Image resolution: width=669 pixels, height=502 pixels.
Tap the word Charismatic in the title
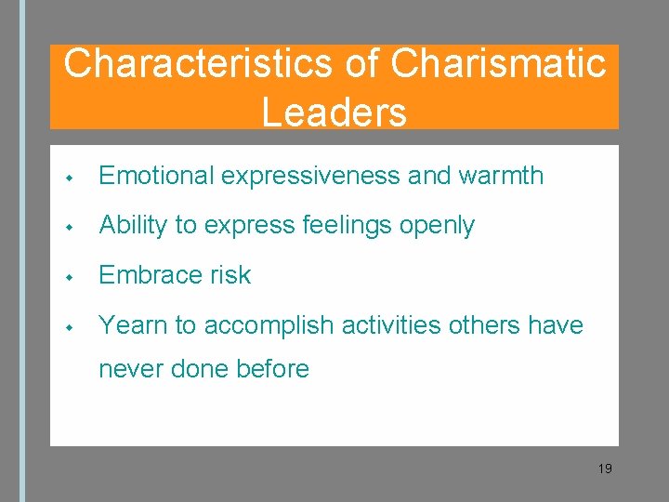[498, 64]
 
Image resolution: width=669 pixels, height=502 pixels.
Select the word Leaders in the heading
[334, 112]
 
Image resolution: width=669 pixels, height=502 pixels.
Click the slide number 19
[605, 469]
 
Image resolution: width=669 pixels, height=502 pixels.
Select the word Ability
[131, 225]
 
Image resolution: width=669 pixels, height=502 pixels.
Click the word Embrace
[146, 275]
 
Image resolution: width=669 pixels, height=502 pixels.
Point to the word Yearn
[131, 325]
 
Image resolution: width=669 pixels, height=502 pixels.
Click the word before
[273, 368]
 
